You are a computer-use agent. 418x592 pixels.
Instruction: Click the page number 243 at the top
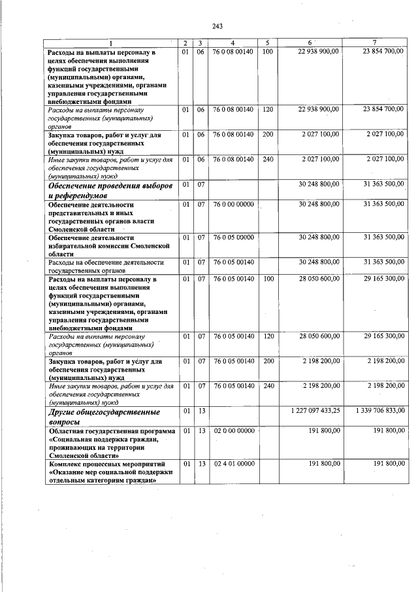pyautogui.click(x=217, y=26)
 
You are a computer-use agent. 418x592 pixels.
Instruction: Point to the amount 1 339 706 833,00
pyautogui.click(x=380, y=410)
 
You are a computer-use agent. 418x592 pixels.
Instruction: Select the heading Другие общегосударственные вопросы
pyautogui.click(x=104, y=417)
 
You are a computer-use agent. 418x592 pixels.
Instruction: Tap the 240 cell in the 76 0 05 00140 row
pyautogui.click(x=267, y=386)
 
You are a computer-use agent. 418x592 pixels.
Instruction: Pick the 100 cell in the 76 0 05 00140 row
pyautogui.click(x=267, y=279)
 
